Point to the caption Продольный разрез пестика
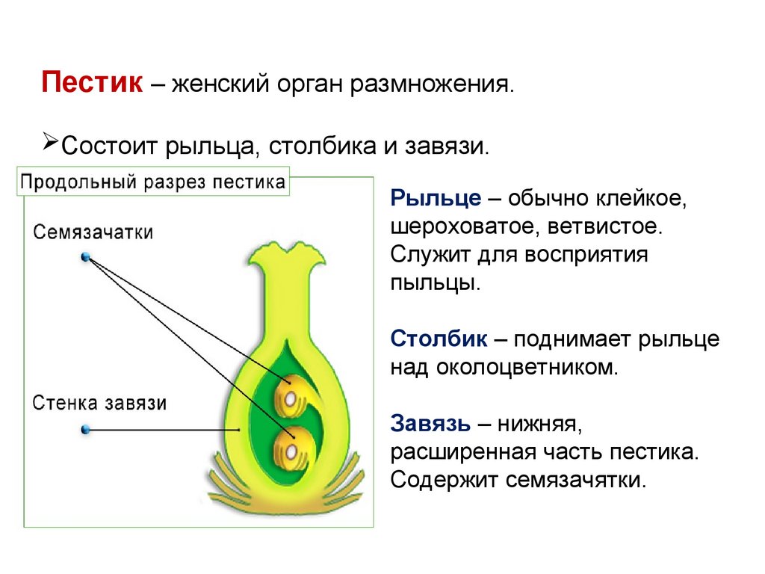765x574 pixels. (153, 182)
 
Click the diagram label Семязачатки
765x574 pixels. (93, 232)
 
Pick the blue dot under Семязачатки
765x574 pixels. (86, 257)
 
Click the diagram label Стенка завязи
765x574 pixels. (99, 404)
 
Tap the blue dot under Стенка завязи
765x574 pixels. (85, 430)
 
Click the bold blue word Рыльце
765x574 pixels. (435, 198)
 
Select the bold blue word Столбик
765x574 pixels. (439, 339)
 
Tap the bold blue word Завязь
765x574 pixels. (430, 424)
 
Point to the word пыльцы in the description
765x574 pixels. (434, 283)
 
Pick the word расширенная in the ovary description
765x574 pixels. (459, 452)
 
